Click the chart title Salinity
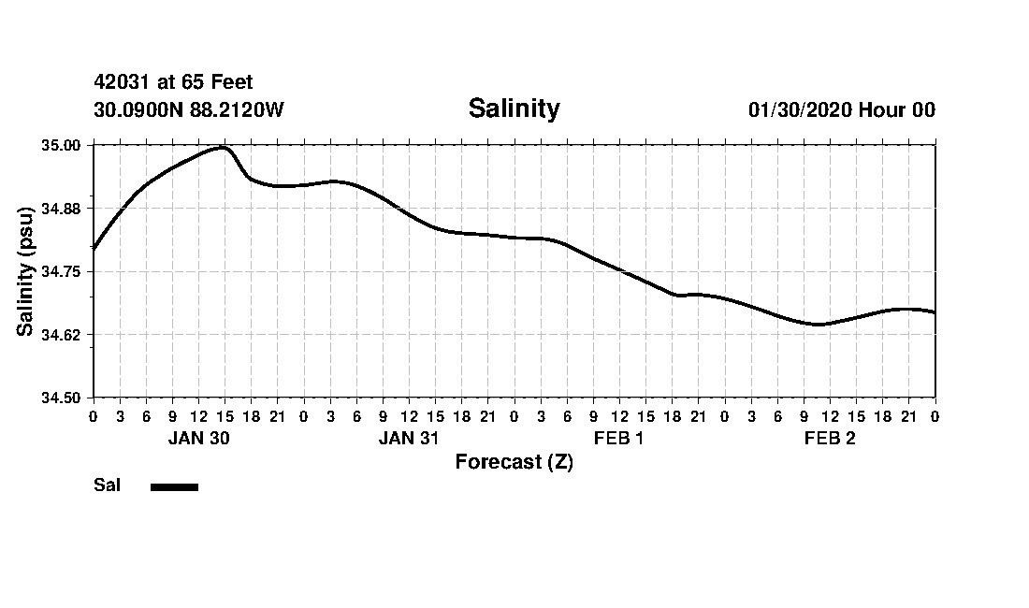pos(514,109)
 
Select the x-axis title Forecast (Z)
pos(514,462)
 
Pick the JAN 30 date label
pos(198,439)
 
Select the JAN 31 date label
pos(409,439)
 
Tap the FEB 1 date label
pos(619,439)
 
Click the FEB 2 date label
pos(830,439)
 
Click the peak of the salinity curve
pos(224,147)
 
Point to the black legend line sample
pos(174,486)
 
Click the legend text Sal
pos(107,485)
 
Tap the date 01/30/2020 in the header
pos(800,110)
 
